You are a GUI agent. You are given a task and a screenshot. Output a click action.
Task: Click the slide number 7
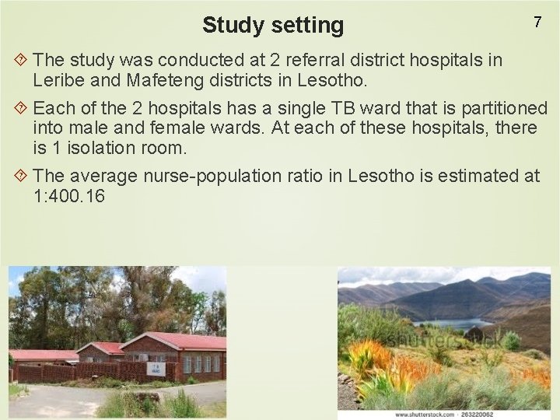point(537,23)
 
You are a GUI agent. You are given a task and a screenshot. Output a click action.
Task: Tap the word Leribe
point(61,79)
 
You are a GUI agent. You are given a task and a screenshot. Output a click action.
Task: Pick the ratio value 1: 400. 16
point(69,197)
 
